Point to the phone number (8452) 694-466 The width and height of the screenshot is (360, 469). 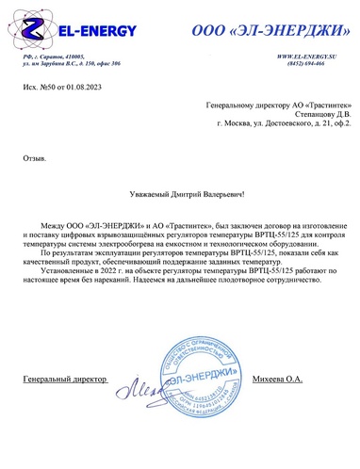[x=316, y=66]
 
